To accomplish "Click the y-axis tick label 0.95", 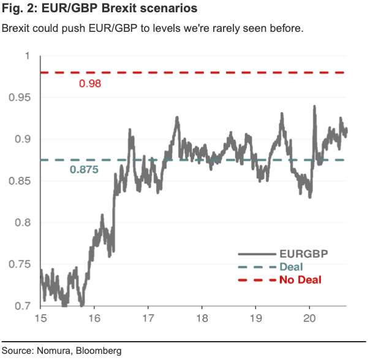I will (x=21, y=98).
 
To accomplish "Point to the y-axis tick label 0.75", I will (x=21, y=264).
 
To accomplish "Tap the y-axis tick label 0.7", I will (x=24, y=306).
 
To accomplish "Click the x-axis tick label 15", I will (x=41, y=320).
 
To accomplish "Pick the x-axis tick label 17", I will (x=148, y=320).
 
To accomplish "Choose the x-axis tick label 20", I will (x=309, y=320).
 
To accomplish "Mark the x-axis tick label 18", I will (x=202, y=320).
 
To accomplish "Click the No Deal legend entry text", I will (x=300, y=280).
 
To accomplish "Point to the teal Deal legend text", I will (x=291, y=266).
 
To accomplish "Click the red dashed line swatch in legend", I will (x=255, y=280).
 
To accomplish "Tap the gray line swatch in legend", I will (x=255, y=253).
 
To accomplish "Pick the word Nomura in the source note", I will (x=55, y=351).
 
